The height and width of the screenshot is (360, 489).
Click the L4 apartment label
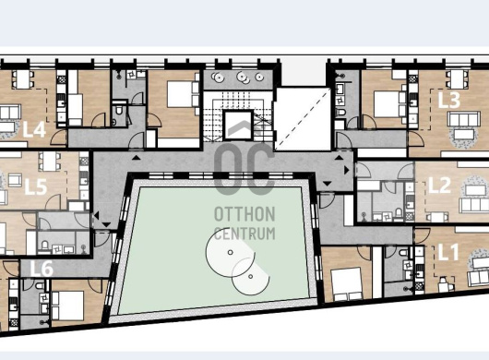pos(35,129)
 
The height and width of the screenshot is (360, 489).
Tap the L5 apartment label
pos(36,186)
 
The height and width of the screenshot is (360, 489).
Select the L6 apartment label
pos(42,269)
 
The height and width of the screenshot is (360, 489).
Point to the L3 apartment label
pos(449,100)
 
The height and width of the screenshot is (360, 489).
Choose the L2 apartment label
pos(440,186)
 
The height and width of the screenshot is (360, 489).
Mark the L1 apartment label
pos(448,252)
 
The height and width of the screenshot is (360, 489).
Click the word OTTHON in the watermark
pos(244,214)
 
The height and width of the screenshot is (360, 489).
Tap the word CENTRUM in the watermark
pos(244,234)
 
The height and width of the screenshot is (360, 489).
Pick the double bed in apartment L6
pos(68,306)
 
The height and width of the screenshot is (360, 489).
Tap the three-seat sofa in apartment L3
pos(463,119)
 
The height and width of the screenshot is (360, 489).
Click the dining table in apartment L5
pos(50,162)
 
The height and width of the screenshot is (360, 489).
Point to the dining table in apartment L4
pos(23,79)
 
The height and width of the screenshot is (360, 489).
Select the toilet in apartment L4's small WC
pos(119,110)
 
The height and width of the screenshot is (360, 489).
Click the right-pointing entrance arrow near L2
pos(347,170)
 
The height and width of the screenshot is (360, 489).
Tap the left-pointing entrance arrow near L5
pos(96,216)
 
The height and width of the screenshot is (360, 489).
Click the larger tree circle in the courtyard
pos(230,252)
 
